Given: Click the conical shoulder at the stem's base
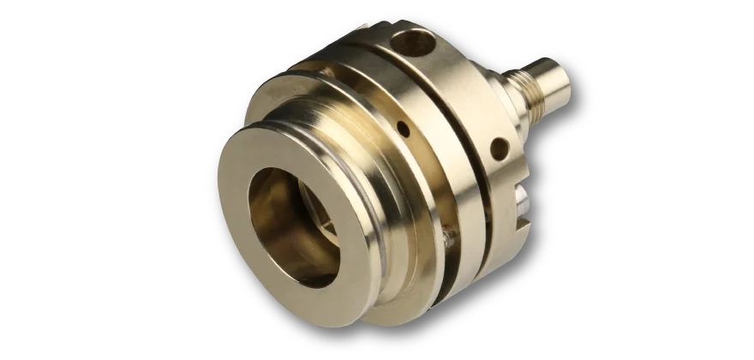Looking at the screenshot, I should pos(503,90).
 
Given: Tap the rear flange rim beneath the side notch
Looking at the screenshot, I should pos(506,249).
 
